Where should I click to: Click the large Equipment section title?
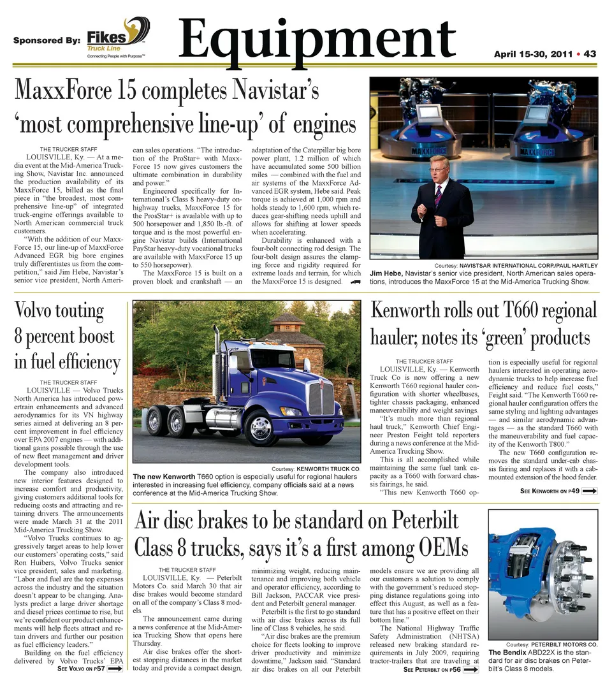317,38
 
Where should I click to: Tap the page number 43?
590,54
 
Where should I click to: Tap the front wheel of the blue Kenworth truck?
261,426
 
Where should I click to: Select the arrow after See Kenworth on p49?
589,491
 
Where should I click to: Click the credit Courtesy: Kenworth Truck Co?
316,468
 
